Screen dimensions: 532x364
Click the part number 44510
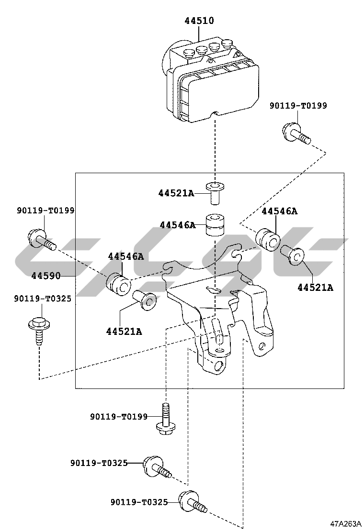pyautogui.click(x=199, y=21)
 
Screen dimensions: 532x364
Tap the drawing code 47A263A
pyautogui.click(x=345, y=523)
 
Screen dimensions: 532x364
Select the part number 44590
pyautogui.click(x=46, y=276)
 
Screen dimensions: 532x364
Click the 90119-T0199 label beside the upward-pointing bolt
pyautogui.click(x=119, y=417)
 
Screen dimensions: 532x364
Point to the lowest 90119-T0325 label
pyautogui.click(x=139, y=502)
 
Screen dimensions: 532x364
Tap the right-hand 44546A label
pyautogui.click(x=279, y=211)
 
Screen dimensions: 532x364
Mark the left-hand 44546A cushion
pyautogui.click(x=118, y=284)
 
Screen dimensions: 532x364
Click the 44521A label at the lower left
pyautogui.click(x=124, y=331)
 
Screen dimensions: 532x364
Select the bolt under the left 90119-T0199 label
pyautogui.click(x=41, y=239)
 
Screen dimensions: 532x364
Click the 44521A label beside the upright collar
pyautogui.click(x=176, y=193)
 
